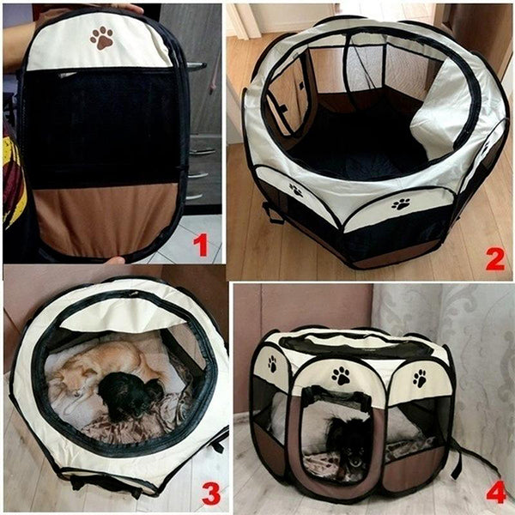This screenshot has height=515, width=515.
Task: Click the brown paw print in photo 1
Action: tap(102, 38)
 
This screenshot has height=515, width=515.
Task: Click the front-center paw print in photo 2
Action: tap(401, 204)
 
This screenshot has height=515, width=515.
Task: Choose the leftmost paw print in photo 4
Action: tap(272, 363)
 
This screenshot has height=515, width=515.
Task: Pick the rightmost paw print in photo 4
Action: tap(419, 378)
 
